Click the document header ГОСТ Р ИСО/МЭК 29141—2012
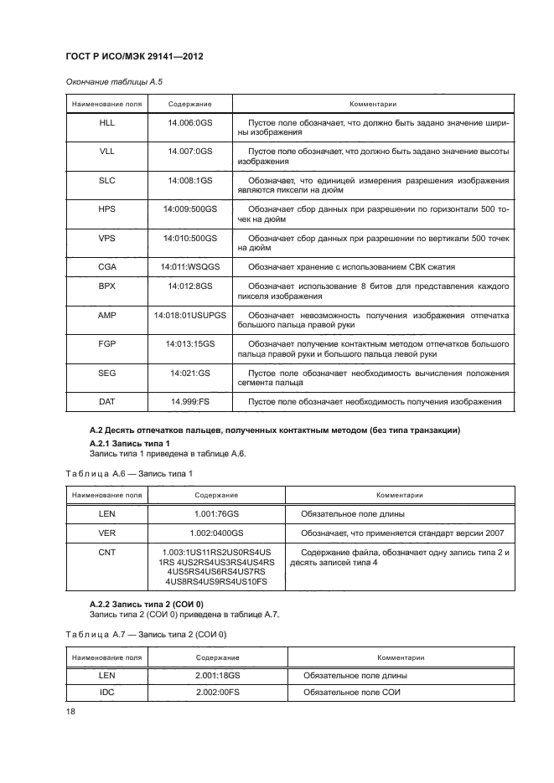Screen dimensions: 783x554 click(x=134, y=57)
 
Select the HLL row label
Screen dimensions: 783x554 click(x=106, y=123)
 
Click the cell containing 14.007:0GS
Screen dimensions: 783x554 click(x=190, y=152)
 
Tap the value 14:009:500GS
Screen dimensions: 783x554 click(x=190, y=209)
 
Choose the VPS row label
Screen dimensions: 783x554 click(x=106, y=238)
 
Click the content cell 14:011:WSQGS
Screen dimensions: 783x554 click(x=190, y=267)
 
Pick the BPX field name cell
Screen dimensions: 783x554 click(x=106, y=286)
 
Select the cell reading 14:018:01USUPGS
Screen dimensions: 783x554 click(x=190, y=315)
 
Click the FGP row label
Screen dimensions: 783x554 click(x=106, y=344)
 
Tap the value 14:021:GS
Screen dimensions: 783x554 click(x=190, y=373)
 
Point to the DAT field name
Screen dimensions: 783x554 click(x=106, y=402)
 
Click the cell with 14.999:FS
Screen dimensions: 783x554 click(x=190, y=402)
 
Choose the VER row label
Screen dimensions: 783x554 click(x=106, y=533)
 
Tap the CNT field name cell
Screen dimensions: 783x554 click(x=106, y=552)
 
